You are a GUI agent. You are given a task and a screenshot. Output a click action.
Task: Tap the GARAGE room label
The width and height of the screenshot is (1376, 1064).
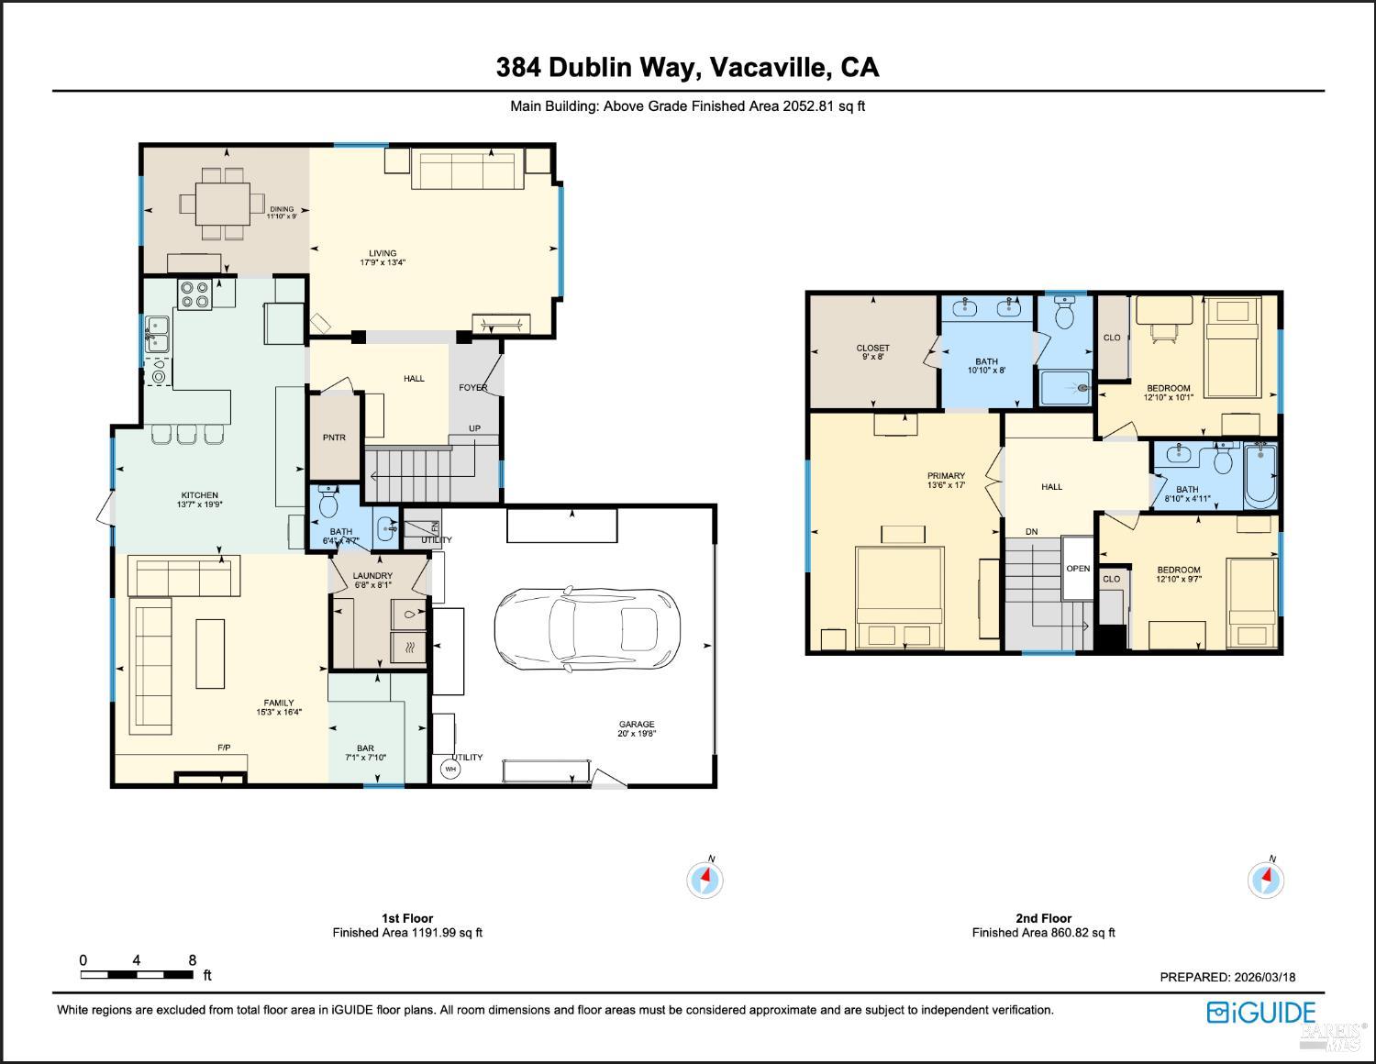pos(636,725)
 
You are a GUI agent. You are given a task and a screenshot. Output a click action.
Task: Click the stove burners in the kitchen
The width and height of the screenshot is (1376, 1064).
pos(194,294)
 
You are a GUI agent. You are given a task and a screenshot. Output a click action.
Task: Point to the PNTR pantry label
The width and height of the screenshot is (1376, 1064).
pos(334,438)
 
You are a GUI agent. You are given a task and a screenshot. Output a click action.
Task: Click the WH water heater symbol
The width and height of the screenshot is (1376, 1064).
pos(450,769)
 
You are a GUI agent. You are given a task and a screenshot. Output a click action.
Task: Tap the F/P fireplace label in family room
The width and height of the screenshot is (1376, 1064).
pos(224,748)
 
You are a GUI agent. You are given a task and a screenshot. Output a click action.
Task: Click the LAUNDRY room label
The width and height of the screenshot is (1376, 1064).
pos(372,576)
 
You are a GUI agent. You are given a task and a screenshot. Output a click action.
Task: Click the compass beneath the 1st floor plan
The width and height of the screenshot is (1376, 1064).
pos(705,880)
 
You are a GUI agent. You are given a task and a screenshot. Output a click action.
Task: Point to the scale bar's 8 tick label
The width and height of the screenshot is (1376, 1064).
pos(193,960)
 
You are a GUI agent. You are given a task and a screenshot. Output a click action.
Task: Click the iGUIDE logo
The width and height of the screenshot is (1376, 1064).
pos(1261,1013)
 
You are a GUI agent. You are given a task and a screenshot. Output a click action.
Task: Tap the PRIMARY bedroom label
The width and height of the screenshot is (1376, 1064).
pos(946,476)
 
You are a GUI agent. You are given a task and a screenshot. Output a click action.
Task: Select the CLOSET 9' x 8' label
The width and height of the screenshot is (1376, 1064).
pos(872,349)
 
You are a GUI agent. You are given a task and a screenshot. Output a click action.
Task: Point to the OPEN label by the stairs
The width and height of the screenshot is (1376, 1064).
pos(1078,569)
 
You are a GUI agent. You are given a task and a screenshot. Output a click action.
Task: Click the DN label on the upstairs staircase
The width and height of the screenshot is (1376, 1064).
pos(1032,532)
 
